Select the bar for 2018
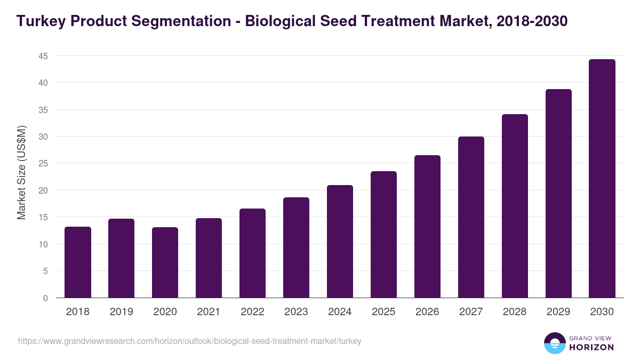[x=78, y=262]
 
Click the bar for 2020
[x=165, y=262]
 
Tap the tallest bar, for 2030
[x=602, y=179]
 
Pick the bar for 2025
[x=384, y=235]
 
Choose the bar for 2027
[x=471, y=217]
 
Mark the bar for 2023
[x=296, y=247]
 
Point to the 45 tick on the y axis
[x=43, y=56]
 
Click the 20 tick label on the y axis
[x=43, y=190]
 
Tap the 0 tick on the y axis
[x=45, y=298]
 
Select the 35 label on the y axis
[x=43, y=110]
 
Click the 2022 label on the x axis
[x=252, y=312]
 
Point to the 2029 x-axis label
[x=558, y=312]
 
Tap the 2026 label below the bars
[x=427, y=312]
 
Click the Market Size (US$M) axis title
[x=21, y=172]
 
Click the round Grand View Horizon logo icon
[x=554, y=343]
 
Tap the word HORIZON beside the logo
[x=591, y=347]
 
